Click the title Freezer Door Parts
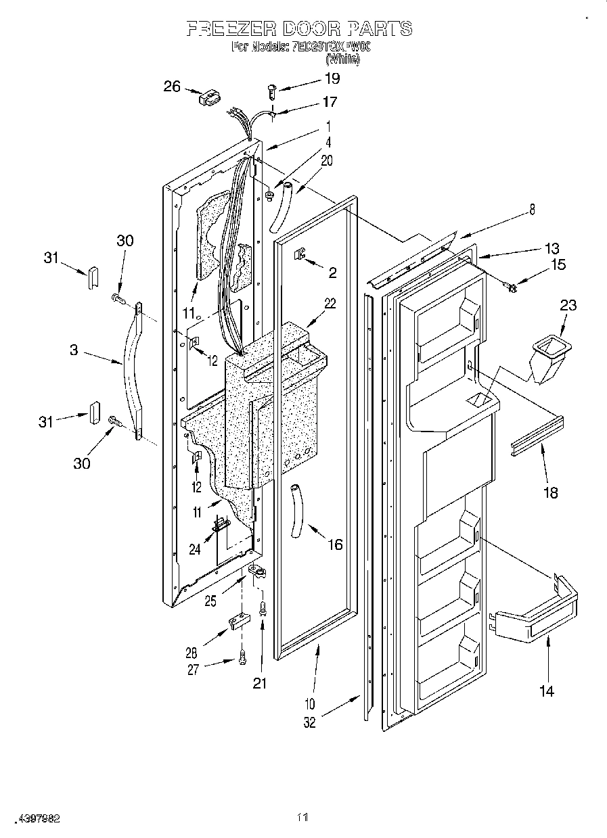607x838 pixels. tap(298, 28)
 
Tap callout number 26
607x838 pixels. tap(173, 86)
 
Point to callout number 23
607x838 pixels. tap(568, 305)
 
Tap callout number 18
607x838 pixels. tap(551, 492)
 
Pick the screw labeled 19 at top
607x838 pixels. tap(272, 88)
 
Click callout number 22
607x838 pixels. tap(330, 304)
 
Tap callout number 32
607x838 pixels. tap(309, 722)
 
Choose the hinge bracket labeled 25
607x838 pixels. tap(257, 574)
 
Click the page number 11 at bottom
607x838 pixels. tap(302, 818)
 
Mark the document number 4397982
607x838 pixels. tap(32, 818)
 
